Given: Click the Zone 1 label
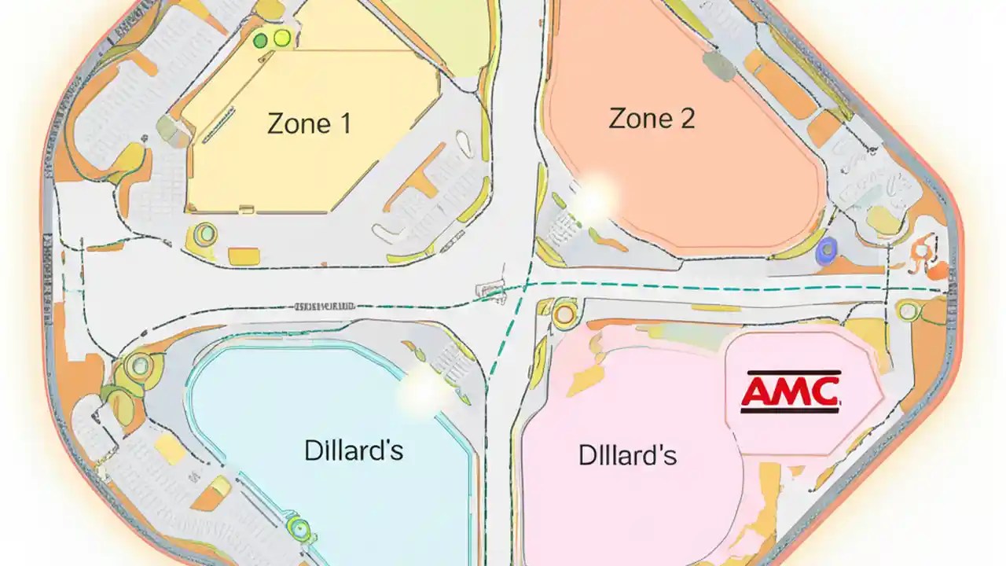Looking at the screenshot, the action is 309,123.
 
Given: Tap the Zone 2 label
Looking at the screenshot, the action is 652,119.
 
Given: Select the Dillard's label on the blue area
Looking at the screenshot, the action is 354,450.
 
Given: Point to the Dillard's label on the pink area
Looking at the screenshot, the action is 627,455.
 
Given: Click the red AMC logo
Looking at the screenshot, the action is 791,391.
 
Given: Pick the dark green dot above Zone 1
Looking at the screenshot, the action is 261,40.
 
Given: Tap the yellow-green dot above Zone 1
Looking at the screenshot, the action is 281,37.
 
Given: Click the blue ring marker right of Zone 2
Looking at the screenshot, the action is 827,251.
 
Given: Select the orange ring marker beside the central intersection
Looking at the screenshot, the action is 564,314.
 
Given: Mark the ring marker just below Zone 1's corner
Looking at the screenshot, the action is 206,233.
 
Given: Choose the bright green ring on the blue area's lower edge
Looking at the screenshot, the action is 299,527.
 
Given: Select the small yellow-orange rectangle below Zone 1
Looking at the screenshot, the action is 244,255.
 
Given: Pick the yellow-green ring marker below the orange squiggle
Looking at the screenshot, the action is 909,311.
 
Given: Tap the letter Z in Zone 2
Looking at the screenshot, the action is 619,119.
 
